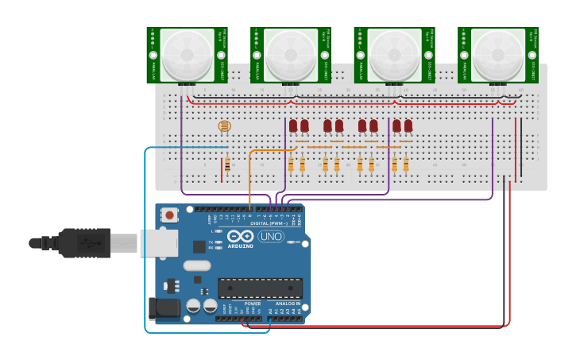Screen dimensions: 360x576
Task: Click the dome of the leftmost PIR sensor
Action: (x=187, y=55)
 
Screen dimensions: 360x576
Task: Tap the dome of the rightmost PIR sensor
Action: (x=498, y=55)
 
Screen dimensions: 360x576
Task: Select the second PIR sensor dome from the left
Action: (x=292, y=55)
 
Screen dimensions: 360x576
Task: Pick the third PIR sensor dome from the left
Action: (x=395, y=55)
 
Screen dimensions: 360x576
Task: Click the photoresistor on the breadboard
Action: (x=224, y=126)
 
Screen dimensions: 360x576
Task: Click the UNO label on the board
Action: (x=270, y=236)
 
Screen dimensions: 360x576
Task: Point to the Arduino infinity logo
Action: (x=240, y=235)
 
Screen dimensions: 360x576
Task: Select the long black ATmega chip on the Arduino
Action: (x=260, y=288)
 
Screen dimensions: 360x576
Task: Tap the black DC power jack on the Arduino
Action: (x=164, y=308)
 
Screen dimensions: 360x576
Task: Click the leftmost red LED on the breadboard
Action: (x=293, y=126)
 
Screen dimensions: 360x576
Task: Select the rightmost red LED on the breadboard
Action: (x=408, y=126)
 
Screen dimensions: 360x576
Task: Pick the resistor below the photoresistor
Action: (x=227, y=165)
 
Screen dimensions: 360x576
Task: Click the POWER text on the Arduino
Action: (x=252, y=304)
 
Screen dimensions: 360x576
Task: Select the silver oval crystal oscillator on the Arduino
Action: (x=197, y=265)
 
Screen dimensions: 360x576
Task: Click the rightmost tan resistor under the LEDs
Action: (x=405, y=165)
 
